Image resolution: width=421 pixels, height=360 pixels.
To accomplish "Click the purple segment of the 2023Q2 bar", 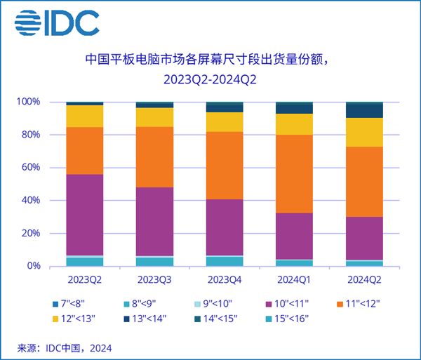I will (85, 214).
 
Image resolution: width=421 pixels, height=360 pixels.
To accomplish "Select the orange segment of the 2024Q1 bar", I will (295, 173).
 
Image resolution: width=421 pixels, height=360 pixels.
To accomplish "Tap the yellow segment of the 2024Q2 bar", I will (365, 132).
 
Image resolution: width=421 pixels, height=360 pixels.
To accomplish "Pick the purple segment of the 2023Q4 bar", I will (225, 227).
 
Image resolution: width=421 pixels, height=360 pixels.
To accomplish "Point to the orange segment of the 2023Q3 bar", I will (154, 157).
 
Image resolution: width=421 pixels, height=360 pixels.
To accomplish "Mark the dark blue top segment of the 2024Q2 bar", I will (365, 111).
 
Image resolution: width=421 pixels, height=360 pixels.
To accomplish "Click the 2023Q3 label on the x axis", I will (154, 279).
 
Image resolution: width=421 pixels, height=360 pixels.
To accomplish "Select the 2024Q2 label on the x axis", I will (365, 279).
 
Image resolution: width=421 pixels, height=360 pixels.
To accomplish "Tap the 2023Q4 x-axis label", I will (225, 279).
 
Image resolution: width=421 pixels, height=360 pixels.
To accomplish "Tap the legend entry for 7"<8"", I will (74, 304).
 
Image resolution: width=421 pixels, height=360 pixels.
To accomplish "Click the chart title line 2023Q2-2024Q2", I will (210, 79).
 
